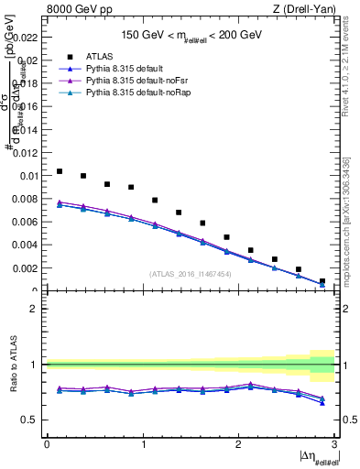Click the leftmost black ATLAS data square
(60, 171)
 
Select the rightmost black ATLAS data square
(322, 281)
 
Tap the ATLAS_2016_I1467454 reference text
(190, 273)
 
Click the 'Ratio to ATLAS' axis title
(12, 365)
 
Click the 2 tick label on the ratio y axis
(34, 309)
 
